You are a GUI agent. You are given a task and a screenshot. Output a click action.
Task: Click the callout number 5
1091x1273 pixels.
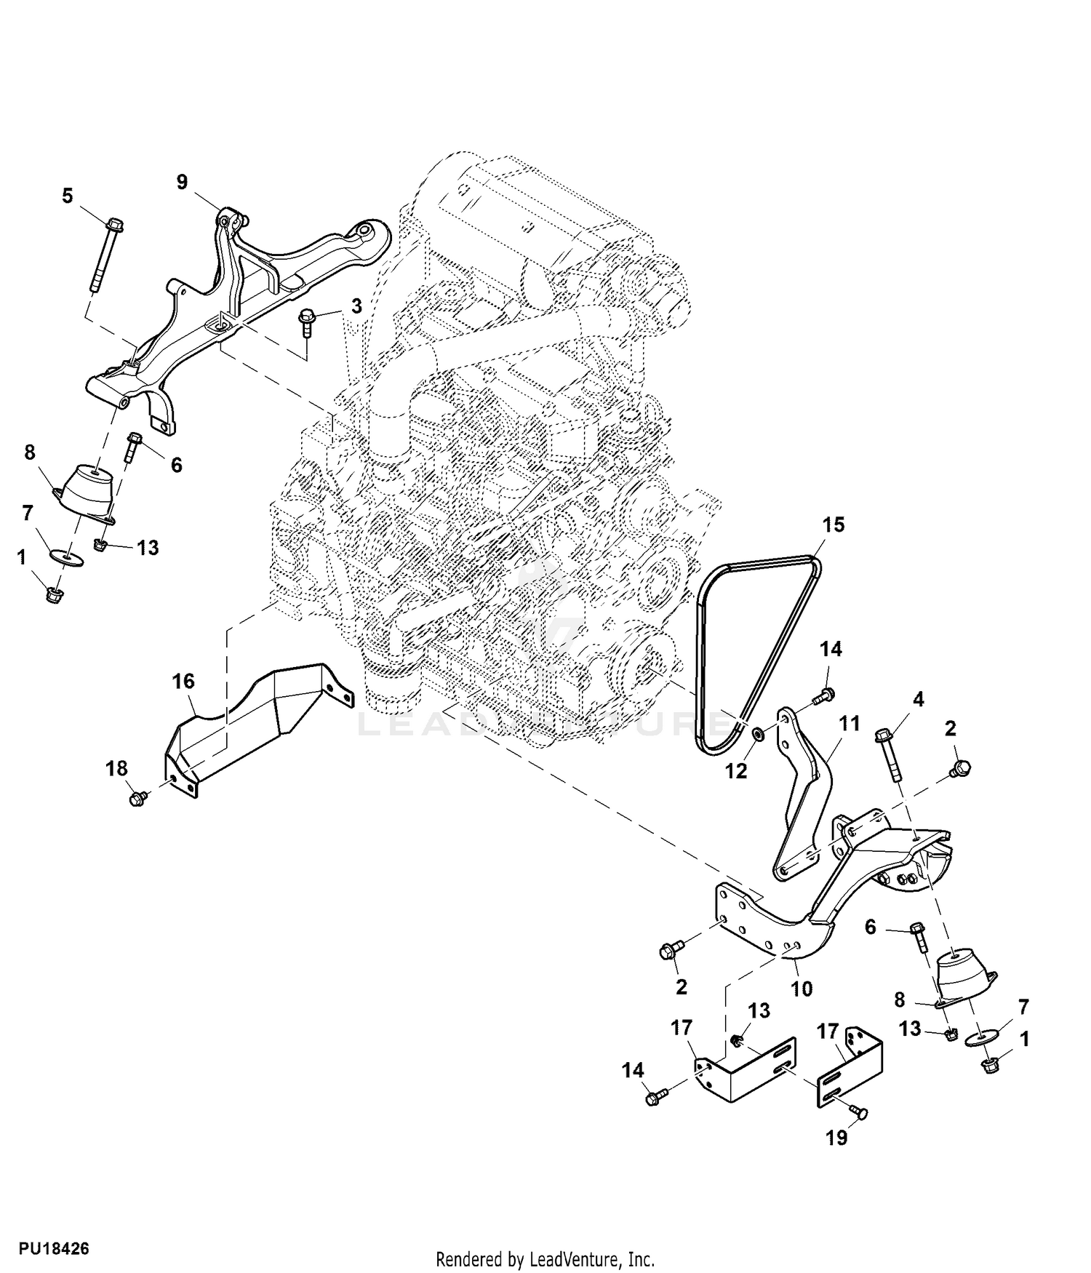click(x=68, y=196)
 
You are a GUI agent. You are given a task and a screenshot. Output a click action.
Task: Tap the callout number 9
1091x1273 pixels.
click(x=182, y=182)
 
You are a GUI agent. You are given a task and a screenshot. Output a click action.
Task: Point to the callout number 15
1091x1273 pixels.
click(x=834, y=524)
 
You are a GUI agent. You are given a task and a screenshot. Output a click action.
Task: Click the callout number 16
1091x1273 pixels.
click(x=183, y=682)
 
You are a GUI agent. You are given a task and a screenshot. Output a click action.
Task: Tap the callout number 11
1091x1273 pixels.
click(x=849, y=723)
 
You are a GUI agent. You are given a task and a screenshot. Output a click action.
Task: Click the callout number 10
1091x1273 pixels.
click(x=802, y=989)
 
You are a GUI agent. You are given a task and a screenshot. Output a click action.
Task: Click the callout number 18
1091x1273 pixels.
click(x=116, y=768)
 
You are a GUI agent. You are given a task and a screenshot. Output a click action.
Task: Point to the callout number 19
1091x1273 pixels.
click(x=837, y=1137)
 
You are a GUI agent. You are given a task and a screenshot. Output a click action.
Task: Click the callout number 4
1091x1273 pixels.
click(x=919, y=699)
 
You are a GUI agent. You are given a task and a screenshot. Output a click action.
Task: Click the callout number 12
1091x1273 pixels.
click(x=737, y=770)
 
